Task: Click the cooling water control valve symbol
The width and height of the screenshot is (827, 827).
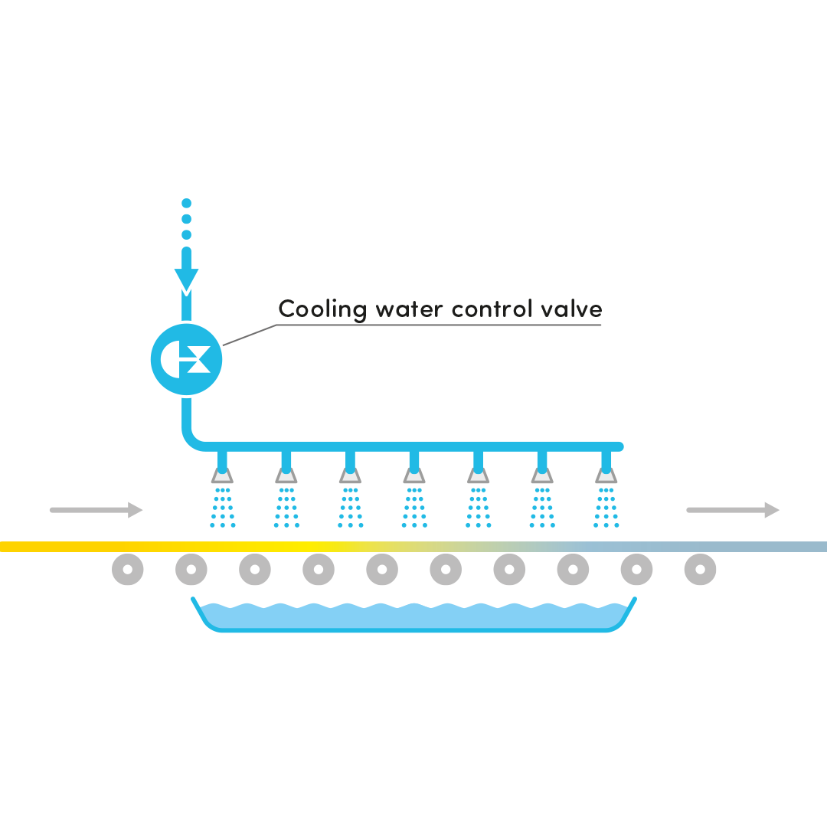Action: point(186,358)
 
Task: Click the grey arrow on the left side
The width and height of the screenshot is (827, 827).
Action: point(98,509)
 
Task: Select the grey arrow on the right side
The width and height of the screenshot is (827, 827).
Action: point(735,509)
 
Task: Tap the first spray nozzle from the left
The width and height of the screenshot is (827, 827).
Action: point(222,475)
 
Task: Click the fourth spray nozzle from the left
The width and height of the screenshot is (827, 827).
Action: point(414,475)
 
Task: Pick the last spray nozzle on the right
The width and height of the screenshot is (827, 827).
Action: point(606,475)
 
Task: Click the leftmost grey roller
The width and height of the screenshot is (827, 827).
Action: point(128,570)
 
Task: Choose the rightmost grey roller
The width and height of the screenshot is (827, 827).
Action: point(700,570)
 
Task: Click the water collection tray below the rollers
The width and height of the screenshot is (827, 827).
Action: point(413,616)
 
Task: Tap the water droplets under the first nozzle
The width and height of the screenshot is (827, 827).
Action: point(222,507)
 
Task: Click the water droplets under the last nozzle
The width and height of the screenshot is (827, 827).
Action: point(606,507)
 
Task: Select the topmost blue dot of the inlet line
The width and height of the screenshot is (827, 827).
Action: point(186,204)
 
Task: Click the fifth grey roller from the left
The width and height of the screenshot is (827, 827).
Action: point(382,570)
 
